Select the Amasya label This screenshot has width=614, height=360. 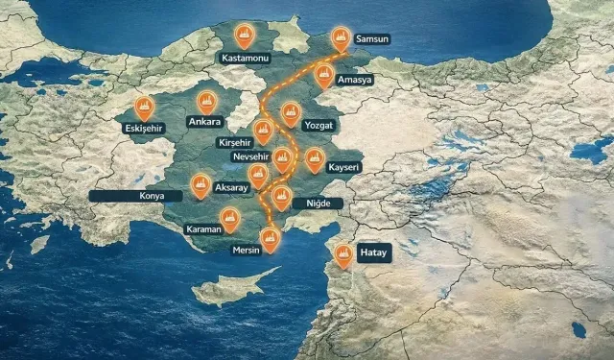(354, 80)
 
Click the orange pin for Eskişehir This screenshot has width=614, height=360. (144, 107)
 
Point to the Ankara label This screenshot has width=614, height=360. (204, 122)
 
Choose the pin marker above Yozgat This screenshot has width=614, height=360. (290, 112)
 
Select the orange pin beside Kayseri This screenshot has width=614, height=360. (315, 159)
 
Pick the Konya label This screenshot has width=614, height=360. (152, 195)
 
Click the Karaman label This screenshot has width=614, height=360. (203, 230)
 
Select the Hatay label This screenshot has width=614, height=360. (372, 253)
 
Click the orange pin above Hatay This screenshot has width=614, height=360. (343, 253)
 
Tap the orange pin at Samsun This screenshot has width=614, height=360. (341, 37)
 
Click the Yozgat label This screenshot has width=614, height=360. (318, 126)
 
